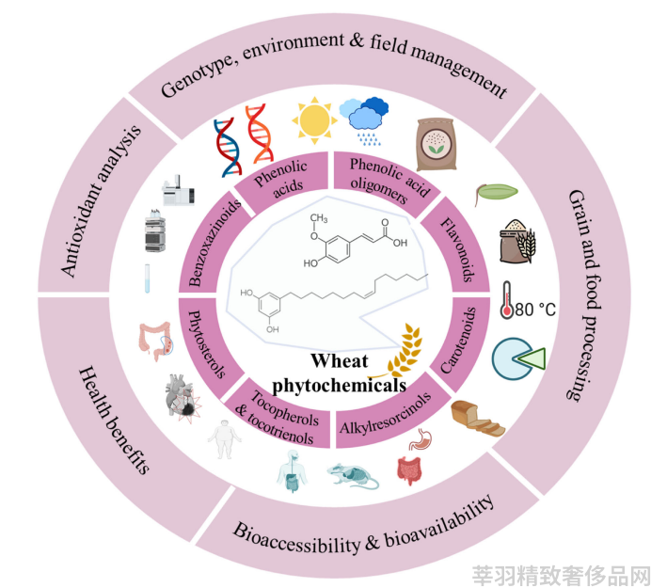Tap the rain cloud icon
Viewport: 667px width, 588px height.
coord(364,120)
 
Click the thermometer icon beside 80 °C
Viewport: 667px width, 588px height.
coord(507,299)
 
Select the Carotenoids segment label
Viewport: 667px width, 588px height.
coord(458,341)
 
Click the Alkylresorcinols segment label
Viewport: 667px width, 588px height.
coord(386,414)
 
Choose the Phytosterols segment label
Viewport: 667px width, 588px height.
coord(206,344)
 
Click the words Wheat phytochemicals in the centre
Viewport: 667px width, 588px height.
coord(339,373)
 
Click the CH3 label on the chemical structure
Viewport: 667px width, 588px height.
coord(318,218)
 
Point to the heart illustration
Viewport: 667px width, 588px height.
coord(183,396)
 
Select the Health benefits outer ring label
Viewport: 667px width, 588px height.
coord(114,419)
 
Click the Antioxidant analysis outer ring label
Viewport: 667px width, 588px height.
coord(101,200)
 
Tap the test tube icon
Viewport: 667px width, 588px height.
coord(147,278)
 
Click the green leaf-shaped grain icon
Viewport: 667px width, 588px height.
coord(496,193)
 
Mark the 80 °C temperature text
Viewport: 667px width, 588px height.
coord(535,310)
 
